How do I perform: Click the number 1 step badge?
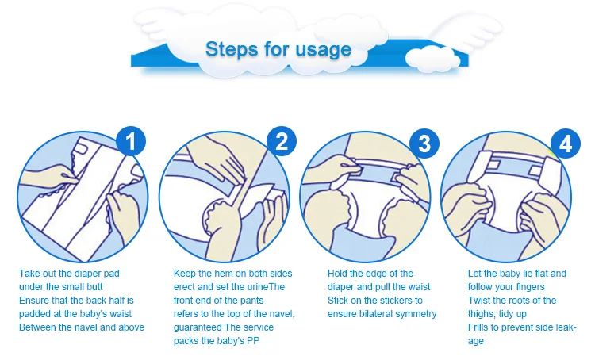131,141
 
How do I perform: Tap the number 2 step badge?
282,141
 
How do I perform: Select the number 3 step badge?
424,144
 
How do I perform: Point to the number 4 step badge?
566,144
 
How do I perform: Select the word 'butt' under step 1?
94,287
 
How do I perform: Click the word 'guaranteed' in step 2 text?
198,327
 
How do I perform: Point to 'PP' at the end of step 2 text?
253,341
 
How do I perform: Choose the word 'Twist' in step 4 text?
478,301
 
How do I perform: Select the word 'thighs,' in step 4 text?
482,314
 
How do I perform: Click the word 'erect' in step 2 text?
185,287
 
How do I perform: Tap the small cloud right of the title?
433,59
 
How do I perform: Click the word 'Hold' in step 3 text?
337,274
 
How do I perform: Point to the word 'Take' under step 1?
29,274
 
